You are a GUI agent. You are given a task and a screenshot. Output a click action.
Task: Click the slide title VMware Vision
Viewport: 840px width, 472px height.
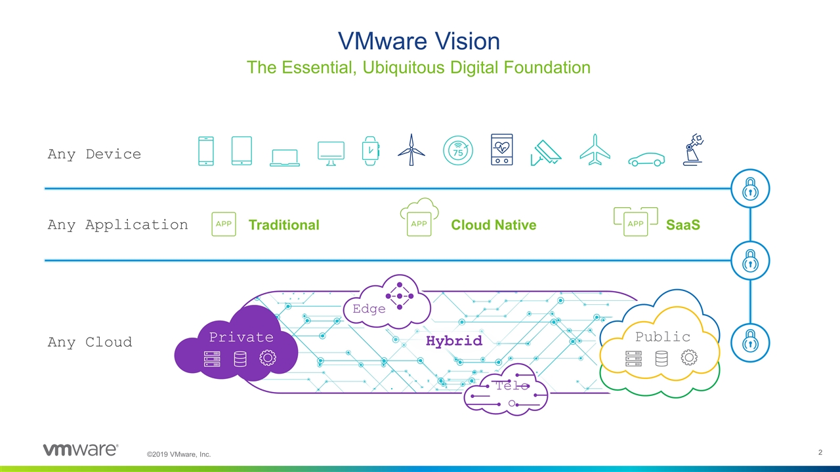pyautogui.click(x=419, y=41)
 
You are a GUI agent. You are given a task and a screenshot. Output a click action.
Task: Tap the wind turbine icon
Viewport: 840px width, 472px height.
pyautogui.click(x=411, y=150)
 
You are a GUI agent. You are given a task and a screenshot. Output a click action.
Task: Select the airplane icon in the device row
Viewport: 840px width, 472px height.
pyautogui.click(x=595, y=150)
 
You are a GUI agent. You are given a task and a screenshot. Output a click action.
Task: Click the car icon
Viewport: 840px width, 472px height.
pyautogui.click(x=646, y=159)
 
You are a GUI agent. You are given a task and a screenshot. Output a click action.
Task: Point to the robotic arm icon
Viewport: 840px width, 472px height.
pyautogui.click(x=692, y=150)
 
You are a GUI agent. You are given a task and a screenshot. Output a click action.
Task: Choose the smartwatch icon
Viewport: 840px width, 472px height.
pyautogui.click(x=371, y=151)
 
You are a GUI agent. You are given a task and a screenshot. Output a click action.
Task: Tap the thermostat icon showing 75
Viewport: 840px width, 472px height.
pyautogui.click(x=457, y=150)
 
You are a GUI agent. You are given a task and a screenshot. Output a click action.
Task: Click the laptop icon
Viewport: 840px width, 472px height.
pyautogui.click(x=285, y=157)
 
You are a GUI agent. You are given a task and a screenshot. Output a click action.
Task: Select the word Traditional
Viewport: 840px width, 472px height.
pyautogui.click(x=283, y=225)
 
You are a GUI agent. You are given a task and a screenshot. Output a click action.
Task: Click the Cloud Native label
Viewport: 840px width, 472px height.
pyautogui.click(x=493, y=225)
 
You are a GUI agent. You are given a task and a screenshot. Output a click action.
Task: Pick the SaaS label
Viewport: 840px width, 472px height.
pyautogui.click(x=682, y=225)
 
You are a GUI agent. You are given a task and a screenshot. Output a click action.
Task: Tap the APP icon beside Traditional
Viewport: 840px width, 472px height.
pyautogui.click(x=224, y=224)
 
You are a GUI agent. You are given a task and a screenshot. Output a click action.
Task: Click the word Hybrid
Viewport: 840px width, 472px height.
pyautogui.click(x=453, y=341)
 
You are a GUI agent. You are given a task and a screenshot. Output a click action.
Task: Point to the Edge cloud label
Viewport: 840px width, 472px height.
pyautogui.click(x=369, y=309)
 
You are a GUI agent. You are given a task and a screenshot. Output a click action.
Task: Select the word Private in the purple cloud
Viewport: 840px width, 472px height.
pyautogui.click(x=241, y=337)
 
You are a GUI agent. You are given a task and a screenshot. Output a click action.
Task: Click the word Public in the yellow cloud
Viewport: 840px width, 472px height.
pyautogui.click(x=662, y=336)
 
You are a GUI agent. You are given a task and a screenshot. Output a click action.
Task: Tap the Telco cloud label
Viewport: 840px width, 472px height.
pyautogui.click(x=512, y=385)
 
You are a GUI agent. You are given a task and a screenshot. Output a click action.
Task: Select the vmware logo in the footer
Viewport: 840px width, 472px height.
pyautogui.click(x=80, y=450)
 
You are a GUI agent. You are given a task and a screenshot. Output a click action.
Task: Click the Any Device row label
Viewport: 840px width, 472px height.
pyautogui.click(x=94, y=154)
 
